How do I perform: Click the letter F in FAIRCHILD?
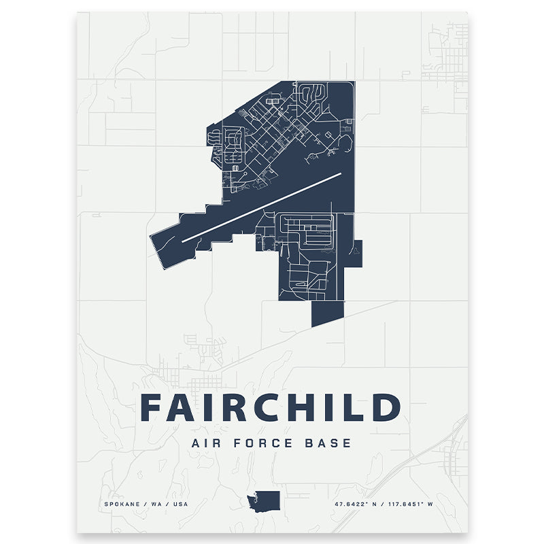(151, 407)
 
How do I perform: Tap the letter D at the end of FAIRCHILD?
(386, 407)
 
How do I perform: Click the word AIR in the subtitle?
(209, 443)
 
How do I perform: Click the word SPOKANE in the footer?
(122, 504)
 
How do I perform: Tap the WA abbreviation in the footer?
(153, 504)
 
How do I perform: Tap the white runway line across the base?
(262, 207)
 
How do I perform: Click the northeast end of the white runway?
(339, 174)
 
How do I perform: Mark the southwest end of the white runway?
(184, 240)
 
